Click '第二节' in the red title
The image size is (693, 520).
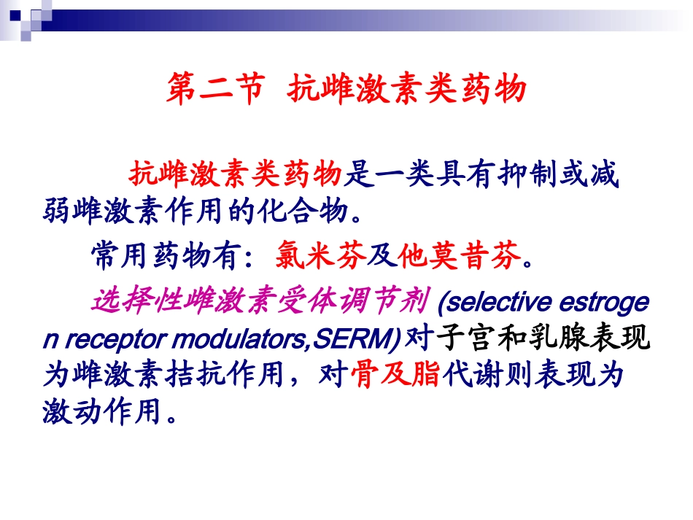point(216,89)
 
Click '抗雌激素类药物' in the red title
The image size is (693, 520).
point(406,89)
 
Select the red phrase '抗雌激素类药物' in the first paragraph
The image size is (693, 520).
point(236,174)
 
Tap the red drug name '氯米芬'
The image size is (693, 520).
point(321,256)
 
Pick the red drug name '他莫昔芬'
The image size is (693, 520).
point(459,256)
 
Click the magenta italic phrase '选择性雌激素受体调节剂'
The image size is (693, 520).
point(260,300)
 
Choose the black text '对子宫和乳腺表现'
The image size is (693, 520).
point(527,338)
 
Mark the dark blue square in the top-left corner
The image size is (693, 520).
point(15,15)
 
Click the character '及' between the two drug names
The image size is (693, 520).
point(382,256)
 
